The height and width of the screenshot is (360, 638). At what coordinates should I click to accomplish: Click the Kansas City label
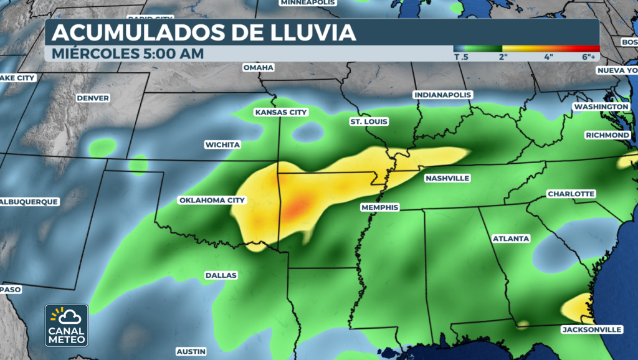click(281, 113)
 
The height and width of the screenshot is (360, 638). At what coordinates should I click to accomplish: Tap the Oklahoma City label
click(212, 201)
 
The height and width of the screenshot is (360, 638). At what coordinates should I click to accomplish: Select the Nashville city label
click(447, 179)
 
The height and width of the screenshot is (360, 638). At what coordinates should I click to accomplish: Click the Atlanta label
click(511, 239)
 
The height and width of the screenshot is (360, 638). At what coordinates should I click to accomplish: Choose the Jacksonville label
click(591, 329)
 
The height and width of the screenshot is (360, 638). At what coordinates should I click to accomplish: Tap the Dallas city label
click(221, 275)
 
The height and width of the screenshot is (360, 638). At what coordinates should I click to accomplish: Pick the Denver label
click(93, 98)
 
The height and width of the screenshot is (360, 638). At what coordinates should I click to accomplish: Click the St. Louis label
click(369, 122)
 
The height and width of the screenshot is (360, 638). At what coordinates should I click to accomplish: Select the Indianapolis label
click(443, 95)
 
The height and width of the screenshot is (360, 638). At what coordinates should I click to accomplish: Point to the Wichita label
click(222, 145)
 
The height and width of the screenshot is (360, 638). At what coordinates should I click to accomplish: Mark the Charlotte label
click(571, 194)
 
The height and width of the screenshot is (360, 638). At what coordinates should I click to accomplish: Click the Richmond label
click(607, 135)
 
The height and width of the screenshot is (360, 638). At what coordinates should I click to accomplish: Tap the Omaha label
click(258, 67)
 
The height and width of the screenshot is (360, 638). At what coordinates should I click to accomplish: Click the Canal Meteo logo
click(66, 325)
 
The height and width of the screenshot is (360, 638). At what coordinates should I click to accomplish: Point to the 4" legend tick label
click(549, 57)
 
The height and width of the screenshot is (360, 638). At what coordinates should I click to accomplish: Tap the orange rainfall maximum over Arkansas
click(301, 206)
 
